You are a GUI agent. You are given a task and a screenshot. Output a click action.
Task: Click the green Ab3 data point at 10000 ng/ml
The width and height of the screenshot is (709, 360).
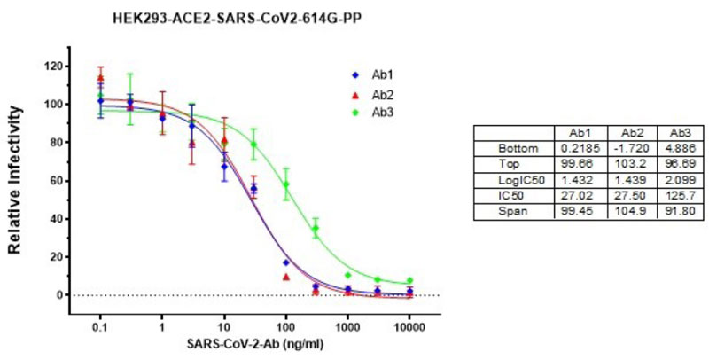(409, 281)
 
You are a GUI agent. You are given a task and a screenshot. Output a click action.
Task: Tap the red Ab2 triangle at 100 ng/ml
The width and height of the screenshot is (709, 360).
(286, 277)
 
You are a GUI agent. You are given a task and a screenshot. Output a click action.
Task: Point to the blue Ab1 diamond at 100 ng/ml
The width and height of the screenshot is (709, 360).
(285, 262)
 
